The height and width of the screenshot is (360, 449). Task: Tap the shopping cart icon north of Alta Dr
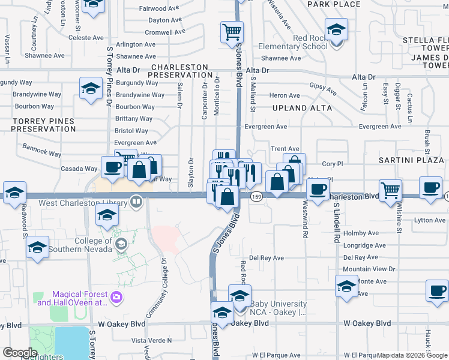(x=232, y=32)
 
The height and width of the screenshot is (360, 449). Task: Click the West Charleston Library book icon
(x=137, y=203)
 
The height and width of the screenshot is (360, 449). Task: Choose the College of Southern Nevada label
(x=93, y=245)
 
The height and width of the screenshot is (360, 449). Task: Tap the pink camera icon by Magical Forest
(x=116, y=296)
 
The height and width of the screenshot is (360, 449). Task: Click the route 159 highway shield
(x=257, y=197)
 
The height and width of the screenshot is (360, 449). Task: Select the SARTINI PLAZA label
(x=411, y=161)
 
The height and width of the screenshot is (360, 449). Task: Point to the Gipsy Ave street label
(x=324, y=89)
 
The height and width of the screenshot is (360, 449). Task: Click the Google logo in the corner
(x=20, y=353)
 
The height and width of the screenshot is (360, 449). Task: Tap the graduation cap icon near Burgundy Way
(x=91, y=89)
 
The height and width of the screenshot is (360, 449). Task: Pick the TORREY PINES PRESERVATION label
(x=43, y=125)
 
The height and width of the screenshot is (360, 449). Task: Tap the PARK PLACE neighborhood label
(x=333, y=4)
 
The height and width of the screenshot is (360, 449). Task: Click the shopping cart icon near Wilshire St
(x=391, y=190)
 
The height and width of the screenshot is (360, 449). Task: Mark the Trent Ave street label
(x=285, y=149)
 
